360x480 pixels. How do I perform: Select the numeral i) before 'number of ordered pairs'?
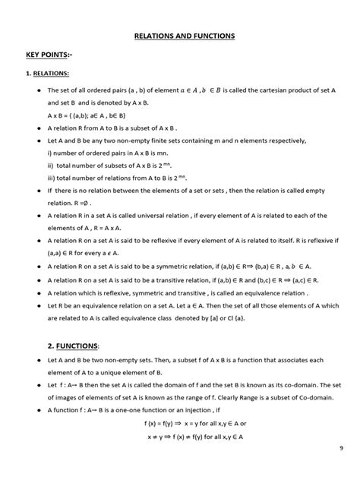coord(49,151)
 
